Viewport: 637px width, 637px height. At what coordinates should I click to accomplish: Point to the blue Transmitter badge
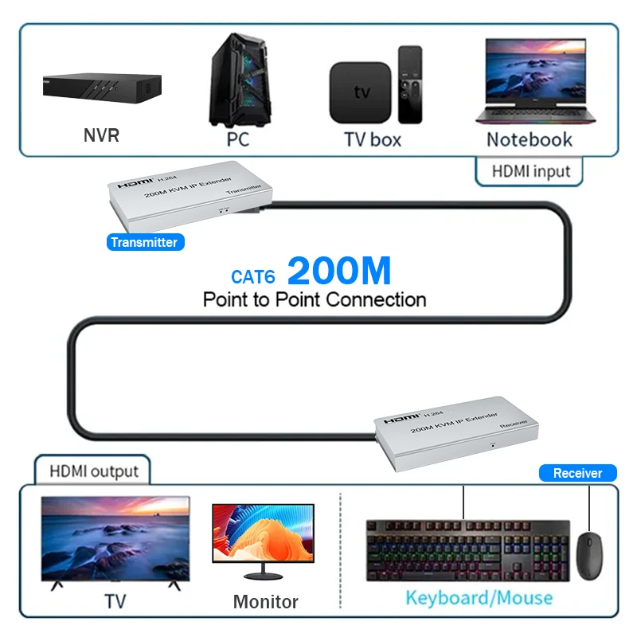(x=145, y=242)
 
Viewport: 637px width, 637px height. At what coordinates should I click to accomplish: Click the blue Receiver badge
(x=577, y=473)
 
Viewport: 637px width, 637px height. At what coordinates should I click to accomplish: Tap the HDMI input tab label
(x=530, y=171)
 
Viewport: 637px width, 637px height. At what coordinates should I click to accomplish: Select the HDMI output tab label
(x=94, y=471)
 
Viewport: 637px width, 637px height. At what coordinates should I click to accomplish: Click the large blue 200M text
(x=339, y=272)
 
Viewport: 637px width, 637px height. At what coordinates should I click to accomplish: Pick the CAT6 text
(x=253, y=276)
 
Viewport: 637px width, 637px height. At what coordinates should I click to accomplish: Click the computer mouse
(x=589, y=557)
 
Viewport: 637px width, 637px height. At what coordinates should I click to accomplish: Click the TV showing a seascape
(x=115, y=539)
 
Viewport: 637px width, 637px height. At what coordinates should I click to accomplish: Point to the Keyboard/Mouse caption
(x=479, y=597)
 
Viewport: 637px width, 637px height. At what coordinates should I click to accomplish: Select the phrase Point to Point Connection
(x=315, y=300)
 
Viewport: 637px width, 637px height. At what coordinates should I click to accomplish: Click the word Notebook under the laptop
(x=530, y=139)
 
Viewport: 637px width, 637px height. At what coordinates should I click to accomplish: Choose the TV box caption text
(x=372, y=140)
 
